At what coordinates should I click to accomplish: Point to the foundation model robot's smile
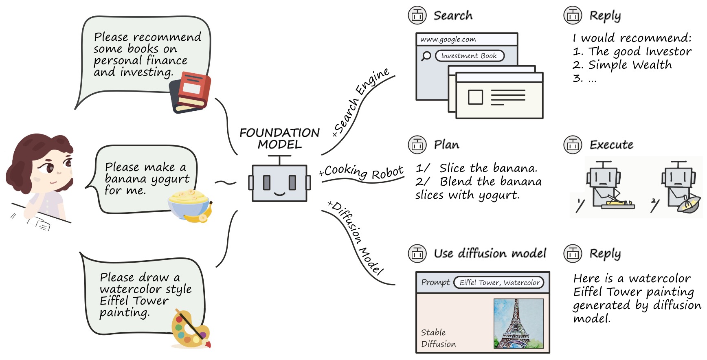click(280, 193)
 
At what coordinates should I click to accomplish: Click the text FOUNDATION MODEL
click(279, 138)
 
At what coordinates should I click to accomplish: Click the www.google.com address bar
click(467, 40)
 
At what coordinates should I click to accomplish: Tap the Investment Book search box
click(470, 56)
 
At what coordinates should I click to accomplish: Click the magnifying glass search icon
click(426, 56)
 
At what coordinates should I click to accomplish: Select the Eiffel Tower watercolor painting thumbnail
click(518, 323)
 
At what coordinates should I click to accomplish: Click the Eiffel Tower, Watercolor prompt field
click(499, 283)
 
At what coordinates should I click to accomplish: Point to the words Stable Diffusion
click(438, 338)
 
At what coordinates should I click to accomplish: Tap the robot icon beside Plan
click(417, 145)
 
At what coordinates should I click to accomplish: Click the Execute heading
click(611, 145)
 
